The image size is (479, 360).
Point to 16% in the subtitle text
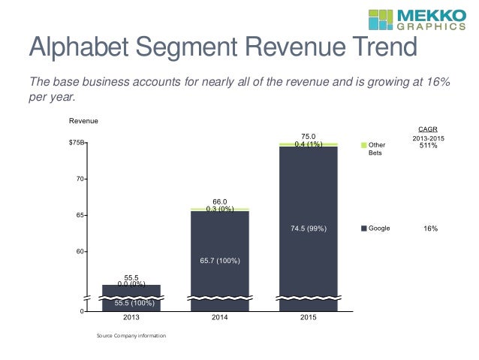[438, 81]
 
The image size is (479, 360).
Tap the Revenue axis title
[83, 121]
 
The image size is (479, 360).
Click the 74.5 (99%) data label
[309, 228]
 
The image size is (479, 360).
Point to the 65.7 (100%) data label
[219, 261]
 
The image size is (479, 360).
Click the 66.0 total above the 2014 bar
[219, 201]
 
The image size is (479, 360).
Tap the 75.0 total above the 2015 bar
[308, 137]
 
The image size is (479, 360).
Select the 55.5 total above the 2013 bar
[131, 277]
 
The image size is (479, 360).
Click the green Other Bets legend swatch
[364, 144]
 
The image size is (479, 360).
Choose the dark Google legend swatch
[364, 228]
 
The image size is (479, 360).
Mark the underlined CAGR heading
[428, 129]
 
